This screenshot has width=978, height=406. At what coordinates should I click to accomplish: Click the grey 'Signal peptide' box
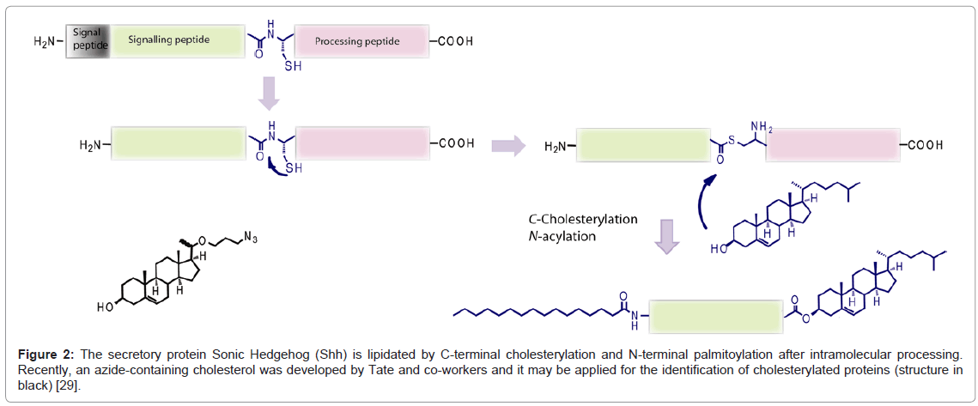click(88, 39)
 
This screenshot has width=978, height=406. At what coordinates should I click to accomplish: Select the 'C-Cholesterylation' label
click(582, 219)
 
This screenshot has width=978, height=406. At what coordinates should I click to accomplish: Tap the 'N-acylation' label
click(562, 236)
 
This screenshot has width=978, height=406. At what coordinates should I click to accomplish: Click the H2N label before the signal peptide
click(47, 40)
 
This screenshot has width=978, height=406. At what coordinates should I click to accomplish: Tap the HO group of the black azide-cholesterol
click(106, 307)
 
